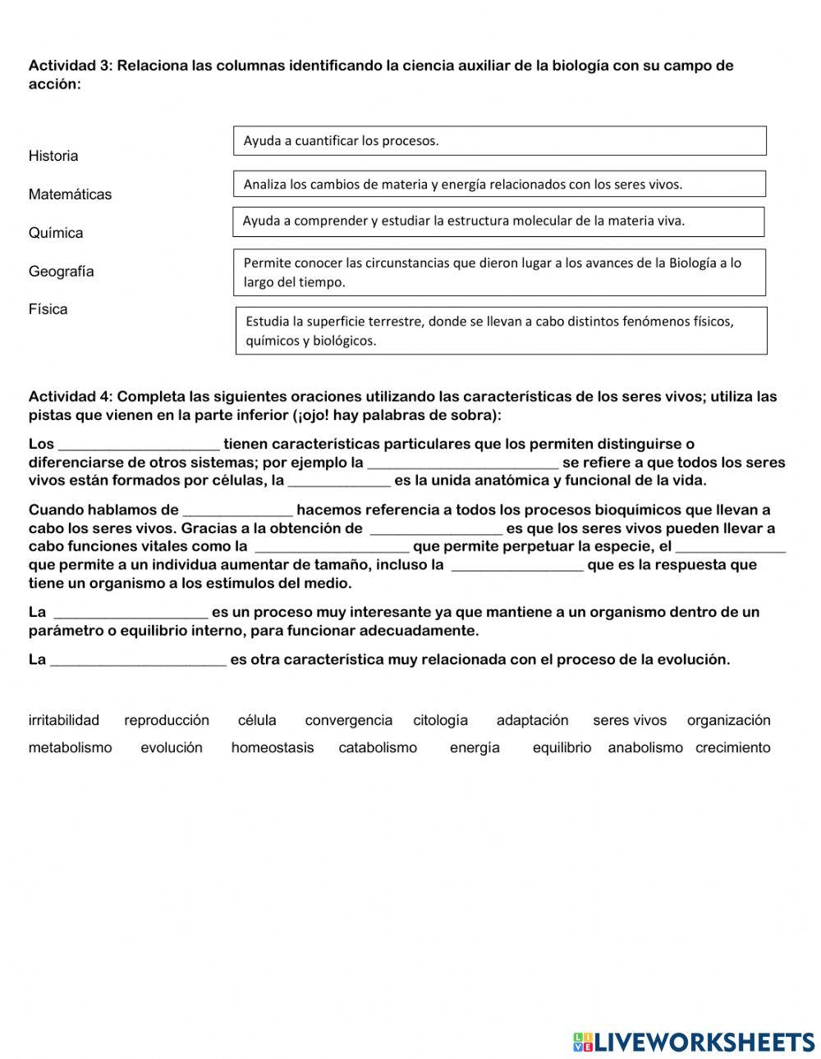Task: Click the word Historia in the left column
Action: click(x=53, y=156)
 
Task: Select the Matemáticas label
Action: click(x=70, y=194)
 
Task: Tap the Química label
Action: click(x=56, y=233)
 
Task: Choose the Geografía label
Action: click(x=62, y=272)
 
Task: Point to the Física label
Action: click(x=48, y=309)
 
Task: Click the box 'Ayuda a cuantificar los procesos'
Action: click(x=499, y=141)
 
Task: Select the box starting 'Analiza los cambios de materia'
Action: click(x=499, y=185)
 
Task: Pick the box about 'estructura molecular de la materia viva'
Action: click(x=498, y=221)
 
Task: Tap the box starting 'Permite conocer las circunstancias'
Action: click(x=499, y=272)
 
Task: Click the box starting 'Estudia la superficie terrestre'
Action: click(x=501, y=331)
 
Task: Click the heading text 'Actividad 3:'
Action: click(x=71, y=66)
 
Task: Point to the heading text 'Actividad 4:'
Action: click(x=71, y=397)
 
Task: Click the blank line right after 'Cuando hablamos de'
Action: click(x=237, y=511)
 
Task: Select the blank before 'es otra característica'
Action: click(x=138, y=660)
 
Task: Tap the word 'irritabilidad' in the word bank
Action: click(x=64, y=720)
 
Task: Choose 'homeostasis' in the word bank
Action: click(x=273, y=747)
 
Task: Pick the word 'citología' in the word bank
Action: click(x=440, y=720)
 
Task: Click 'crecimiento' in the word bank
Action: click(x=732, y=747)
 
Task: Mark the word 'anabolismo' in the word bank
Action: click(x=645, y=747)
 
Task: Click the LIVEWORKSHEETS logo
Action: click(x=694, y=1042)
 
